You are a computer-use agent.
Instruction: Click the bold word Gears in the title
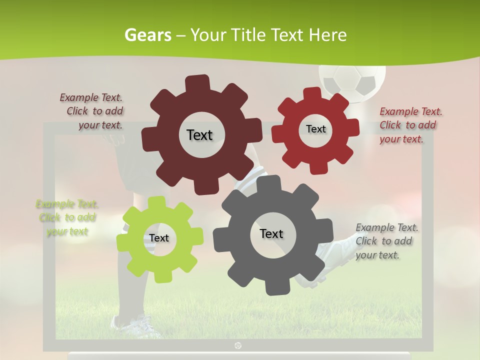tap(148, 35)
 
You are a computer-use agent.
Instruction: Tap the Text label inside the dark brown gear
tap(199, 135)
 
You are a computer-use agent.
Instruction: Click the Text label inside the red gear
tap(315, 129)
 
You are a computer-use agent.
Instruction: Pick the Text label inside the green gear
tap(159, 238)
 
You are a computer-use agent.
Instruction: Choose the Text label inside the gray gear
tap(271, 233)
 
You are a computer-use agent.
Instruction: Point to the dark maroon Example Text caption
tap(92, 111)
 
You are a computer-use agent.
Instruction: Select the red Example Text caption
tap(410, 125)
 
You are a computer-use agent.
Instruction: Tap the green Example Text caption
tap(66, 217)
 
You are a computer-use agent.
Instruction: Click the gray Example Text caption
tap(386, 241)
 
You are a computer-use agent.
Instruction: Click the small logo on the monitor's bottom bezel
tap(238, 345)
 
